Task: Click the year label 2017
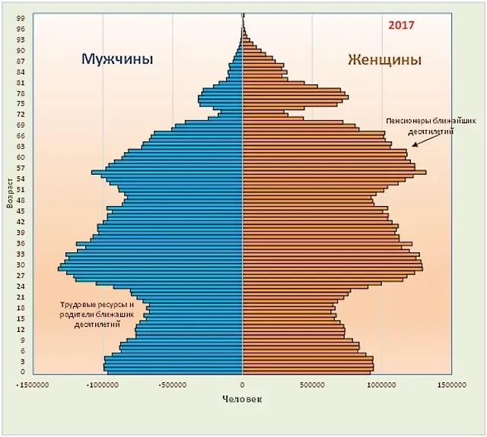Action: [401, 25]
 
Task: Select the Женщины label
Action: [384, 59]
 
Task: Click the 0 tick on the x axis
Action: [243, 385]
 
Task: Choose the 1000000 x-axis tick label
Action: [381, 385]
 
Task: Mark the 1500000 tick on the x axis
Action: [450, 385]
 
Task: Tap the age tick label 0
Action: [24, 372]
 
